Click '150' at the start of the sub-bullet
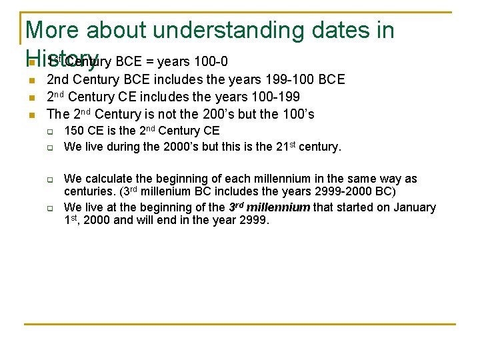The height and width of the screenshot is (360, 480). click(74, 131)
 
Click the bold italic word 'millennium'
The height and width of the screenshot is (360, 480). click(278, 207)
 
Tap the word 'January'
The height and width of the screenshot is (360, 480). click(415, 207)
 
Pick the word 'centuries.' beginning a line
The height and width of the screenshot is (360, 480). click(89, 192)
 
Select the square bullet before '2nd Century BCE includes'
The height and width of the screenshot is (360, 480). click(31, 81)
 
